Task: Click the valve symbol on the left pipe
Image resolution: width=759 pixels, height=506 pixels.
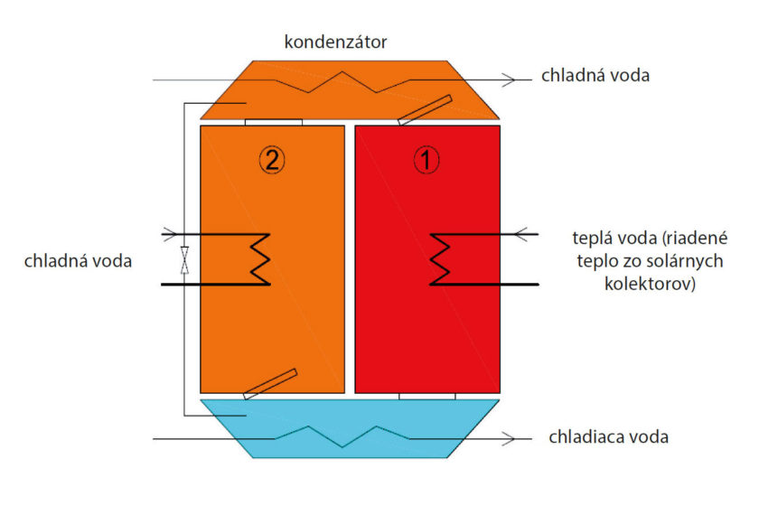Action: point(184,260)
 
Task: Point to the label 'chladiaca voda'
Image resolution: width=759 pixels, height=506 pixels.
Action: point(608,437)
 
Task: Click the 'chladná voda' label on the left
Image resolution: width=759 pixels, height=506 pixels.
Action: point(80,261)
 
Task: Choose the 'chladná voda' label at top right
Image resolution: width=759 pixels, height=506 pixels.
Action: point(595,76)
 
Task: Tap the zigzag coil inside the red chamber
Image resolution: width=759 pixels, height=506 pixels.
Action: point(440,259)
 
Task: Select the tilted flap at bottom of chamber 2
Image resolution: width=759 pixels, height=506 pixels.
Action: point(270,383)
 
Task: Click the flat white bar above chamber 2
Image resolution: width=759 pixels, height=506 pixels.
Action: point(273,121)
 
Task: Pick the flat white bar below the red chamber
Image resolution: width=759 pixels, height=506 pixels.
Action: point(427,396)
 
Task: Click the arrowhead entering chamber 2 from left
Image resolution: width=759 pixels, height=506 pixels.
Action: point(169,235)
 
